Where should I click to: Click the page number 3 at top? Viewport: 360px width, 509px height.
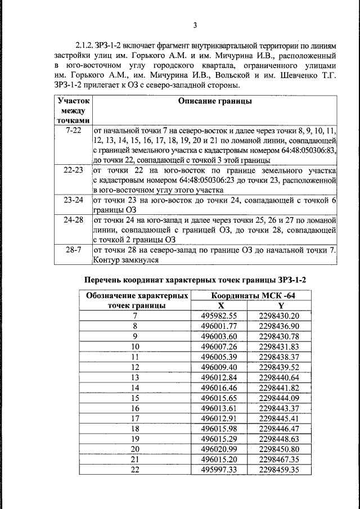pyautogui.click(x=195, y=25)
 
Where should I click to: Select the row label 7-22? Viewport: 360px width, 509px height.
pyautogui.click(x=73, y=129)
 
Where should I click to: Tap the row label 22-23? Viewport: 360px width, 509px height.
pyautogui.click(x=73, y=170)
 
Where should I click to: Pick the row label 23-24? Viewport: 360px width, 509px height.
pyautogui.click(x=73, y=200)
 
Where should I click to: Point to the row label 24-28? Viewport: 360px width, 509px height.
pyautogui.click(x=73, y=220)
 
